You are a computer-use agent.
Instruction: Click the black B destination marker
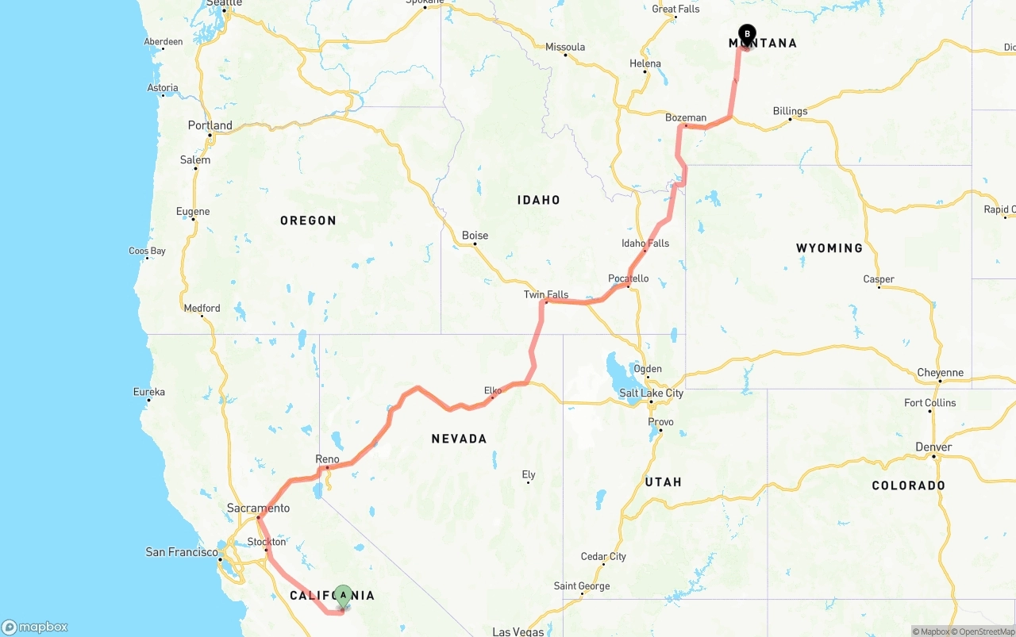747,34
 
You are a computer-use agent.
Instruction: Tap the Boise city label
475,236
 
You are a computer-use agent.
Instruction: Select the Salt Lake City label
651,393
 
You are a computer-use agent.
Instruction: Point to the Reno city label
327,459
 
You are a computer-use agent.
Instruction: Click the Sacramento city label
258,508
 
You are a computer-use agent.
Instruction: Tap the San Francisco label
182,552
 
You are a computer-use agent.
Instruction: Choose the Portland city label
210,125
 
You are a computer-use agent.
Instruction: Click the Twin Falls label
546,294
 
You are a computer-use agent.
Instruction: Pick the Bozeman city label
686,118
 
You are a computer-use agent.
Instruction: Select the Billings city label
790,111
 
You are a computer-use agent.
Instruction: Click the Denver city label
933,447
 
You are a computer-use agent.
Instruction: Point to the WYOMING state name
829,248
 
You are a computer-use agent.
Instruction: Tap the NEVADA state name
459,439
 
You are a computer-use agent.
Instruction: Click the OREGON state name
308,221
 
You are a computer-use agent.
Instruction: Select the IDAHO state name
539,200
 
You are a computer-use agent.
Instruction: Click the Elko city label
493,390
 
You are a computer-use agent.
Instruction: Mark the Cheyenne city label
940,373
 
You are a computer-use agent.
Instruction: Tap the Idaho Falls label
645,244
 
